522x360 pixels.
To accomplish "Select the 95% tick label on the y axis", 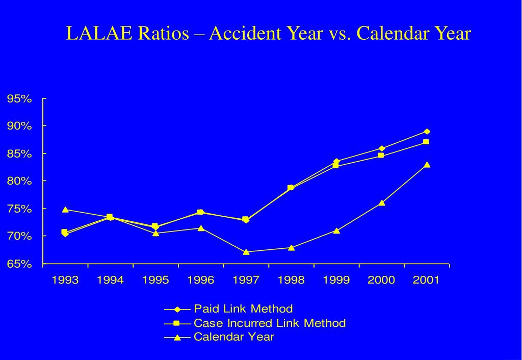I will [19, 98].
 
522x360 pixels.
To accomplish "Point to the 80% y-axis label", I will [19, 181].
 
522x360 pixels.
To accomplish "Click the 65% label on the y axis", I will [19, 264].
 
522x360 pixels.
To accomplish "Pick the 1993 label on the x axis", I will [65, 280].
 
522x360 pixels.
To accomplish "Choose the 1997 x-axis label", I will [246, 280].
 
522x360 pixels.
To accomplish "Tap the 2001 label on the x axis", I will [426, 280].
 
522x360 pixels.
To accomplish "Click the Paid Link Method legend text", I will [243, 308].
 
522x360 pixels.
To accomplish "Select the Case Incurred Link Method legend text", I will [270, 323].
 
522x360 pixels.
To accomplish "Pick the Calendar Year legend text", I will [234, 337].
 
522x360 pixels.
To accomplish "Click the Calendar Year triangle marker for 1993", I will [65, 209].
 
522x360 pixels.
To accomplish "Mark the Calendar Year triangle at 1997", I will [246, 251].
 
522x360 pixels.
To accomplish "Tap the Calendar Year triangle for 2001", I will [427, 165].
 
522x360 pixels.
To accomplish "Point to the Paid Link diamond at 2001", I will [427, 132].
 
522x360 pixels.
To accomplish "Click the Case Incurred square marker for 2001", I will [426, 142].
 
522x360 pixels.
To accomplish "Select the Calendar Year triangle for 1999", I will [336, 230].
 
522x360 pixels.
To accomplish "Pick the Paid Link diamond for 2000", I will [381, 148].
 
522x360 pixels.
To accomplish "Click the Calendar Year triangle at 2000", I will [382, 203].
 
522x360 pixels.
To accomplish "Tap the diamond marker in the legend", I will [177, 309].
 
